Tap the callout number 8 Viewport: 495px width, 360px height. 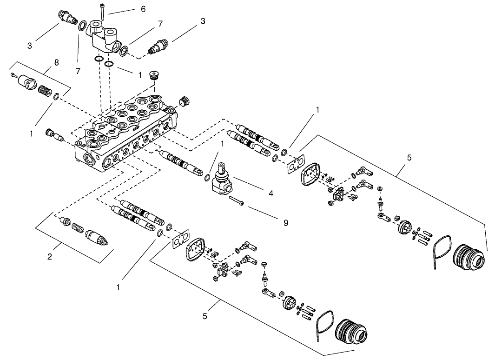56,62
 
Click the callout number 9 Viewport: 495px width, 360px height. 285,223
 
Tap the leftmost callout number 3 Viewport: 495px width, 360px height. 29,46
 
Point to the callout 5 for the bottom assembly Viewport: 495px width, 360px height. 205,317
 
